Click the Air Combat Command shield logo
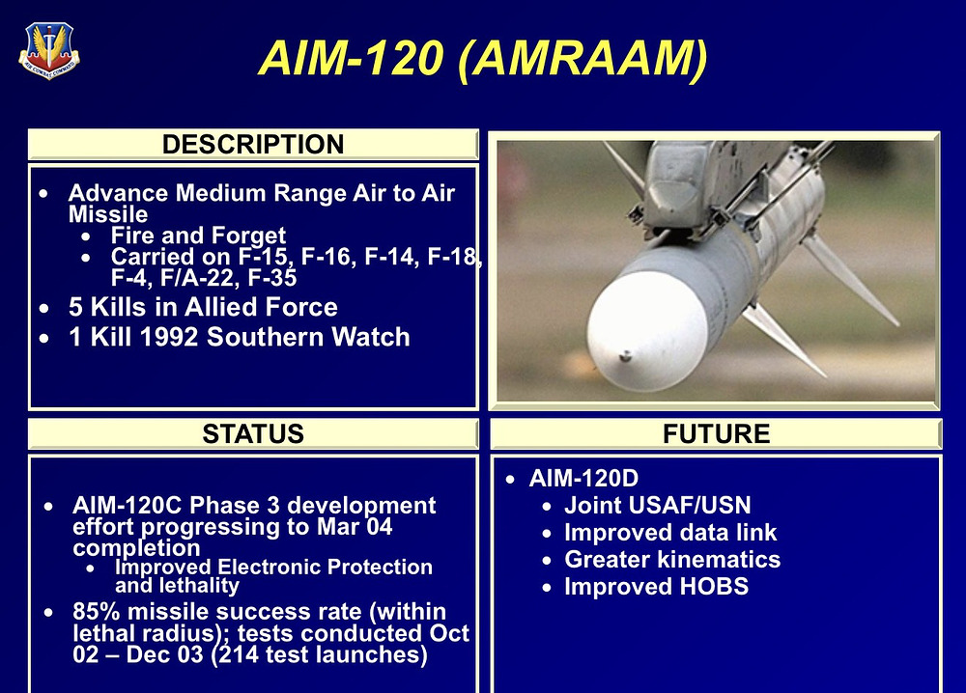click(49, 50)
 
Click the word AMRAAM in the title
click(583, 59)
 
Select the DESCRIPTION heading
click(253, 145)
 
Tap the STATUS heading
click(253, 434)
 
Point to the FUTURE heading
click(716, 434)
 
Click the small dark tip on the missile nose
click(625, 356)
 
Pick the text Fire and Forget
click(198, 236)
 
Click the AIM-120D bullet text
click(584, 479)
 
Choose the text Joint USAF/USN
click(657, 506)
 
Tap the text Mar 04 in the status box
click(355, 527)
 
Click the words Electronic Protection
click(325, 567)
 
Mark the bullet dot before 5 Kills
click(43, 308)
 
